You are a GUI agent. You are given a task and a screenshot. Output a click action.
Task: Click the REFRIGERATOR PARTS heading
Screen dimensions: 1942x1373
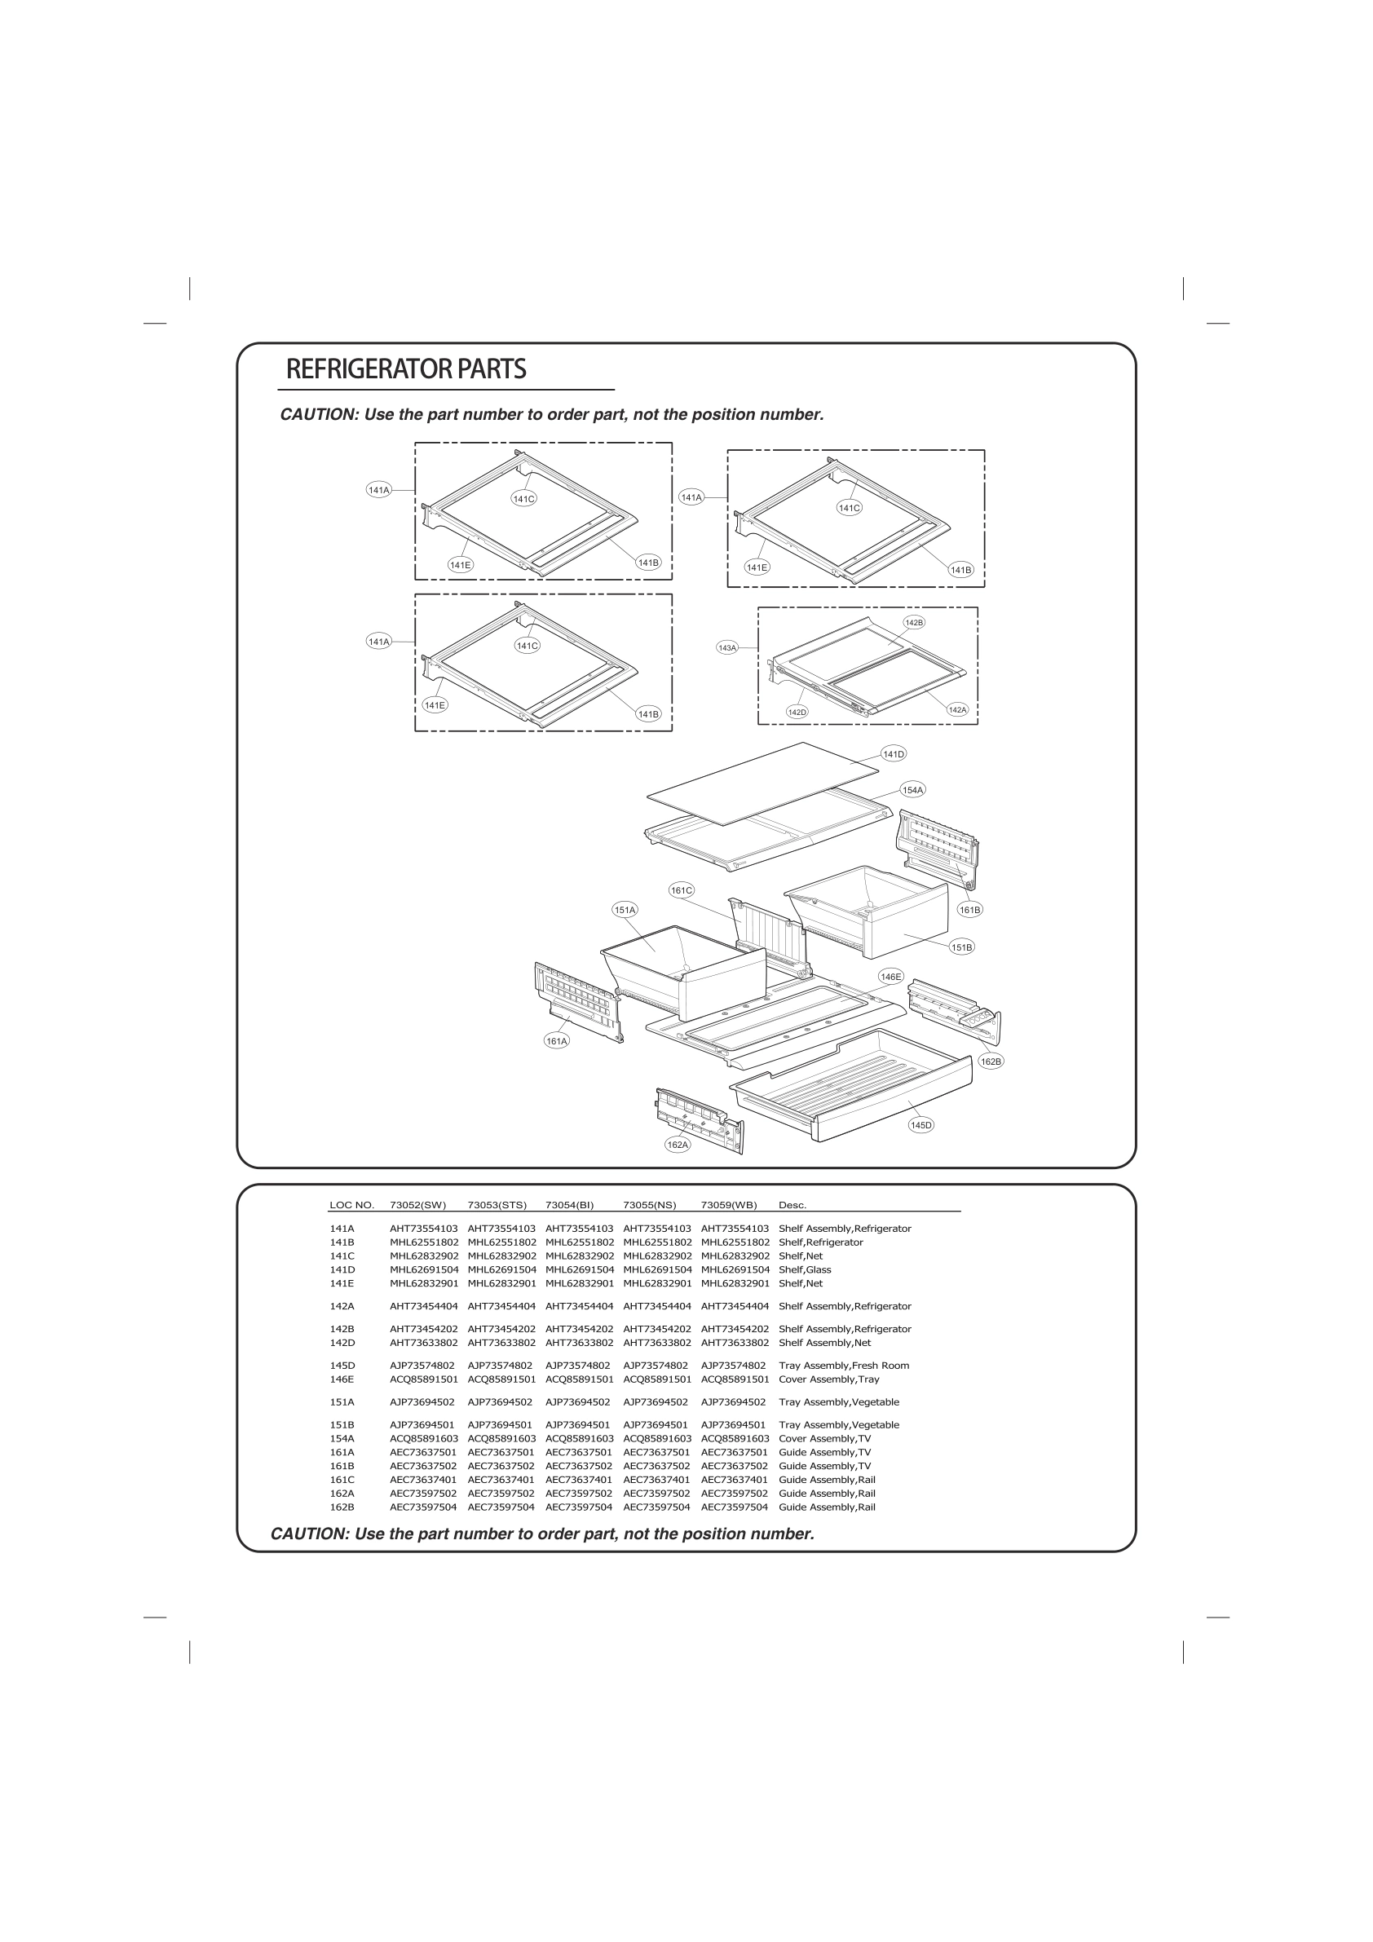click(x=406, y=369)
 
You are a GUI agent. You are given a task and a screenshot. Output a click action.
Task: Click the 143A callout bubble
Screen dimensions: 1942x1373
click(x=727, y=647)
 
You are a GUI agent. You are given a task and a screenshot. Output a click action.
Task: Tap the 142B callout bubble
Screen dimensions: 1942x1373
click(x=914, y=623)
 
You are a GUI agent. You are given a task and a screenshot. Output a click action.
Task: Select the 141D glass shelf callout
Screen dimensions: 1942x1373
click(x=894, y=753)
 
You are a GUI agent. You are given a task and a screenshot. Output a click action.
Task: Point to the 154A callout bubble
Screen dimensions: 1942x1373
click(x=913, y=790)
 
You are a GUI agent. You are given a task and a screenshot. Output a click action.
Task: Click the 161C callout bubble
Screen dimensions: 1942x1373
click(x=681, y=889)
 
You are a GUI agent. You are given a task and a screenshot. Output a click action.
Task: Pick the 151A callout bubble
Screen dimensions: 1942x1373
click(x=625, y=910)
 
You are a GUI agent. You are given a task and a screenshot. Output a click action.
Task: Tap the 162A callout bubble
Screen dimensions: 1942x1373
click(x=678, y=1145)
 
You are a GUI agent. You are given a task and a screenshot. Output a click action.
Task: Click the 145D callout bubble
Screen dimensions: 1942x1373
click(x=920, y=1125)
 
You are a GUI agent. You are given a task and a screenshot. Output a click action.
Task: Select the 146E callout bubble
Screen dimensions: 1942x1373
click(x=891, y=976)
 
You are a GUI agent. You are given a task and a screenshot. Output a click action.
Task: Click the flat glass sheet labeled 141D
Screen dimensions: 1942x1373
click(x=762, y=783)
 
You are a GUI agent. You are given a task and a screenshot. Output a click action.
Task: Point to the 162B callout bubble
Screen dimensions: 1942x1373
click(x=991, y=1061)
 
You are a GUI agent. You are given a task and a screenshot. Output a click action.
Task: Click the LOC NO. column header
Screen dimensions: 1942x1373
click(x=351, y=1204)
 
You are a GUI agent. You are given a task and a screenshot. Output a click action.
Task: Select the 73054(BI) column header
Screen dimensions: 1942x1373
click(x=569, y=1204)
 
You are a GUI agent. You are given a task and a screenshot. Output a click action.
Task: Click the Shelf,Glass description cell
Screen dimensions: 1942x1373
click(x=805, y=1269)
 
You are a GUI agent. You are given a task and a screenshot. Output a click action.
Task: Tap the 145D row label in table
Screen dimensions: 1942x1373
click(x=342, y=1365)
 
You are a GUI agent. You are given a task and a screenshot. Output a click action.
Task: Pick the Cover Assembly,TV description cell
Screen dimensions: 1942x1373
click(x=824, y=1438)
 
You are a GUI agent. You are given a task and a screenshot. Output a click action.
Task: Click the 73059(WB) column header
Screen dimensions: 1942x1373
click(x=728, y=1204)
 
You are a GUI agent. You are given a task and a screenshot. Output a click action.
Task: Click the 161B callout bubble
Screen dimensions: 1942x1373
click(x=969, y=910)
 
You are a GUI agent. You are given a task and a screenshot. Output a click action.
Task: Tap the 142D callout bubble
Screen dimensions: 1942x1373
click(x=797, y=713)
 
